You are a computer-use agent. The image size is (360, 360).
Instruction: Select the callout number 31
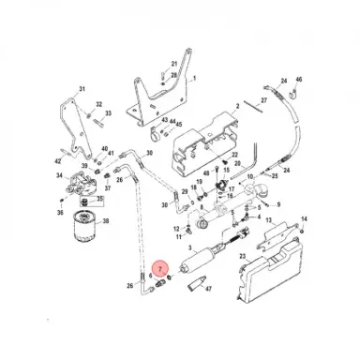(82, 89)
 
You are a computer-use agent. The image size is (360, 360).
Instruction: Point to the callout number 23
(242, 255)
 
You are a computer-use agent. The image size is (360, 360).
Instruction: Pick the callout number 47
(208, 292)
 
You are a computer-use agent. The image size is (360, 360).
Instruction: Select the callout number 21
(173, 64)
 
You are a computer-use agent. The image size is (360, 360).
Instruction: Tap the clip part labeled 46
(292, 93)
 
